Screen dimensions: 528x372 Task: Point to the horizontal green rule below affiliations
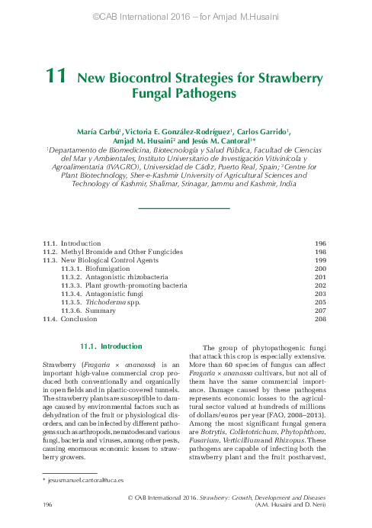(x=184, y=207)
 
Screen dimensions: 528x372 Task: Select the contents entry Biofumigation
(x=108, y=269)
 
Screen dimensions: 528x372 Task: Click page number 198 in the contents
(x=320, y=251)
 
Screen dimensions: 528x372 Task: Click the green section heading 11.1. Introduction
(x=111, y=346)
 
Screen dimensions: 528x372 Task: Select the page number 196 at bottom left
(x=47, y=504)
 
